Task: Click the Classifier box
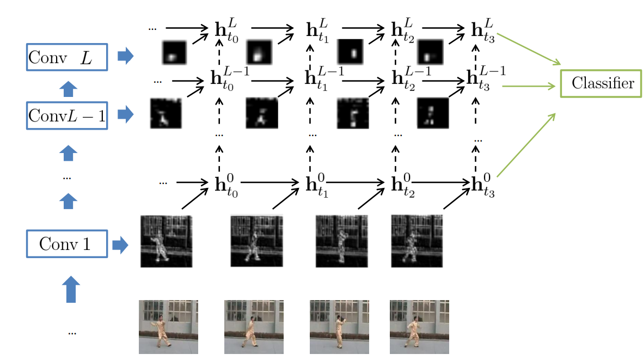[x=601, y=84]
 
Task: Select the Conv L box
[x=67, y=57]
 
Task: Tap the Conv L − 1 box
[x=67, y=115]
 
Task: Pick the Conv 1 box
[x=67, y=244]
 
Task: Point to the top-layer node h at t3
[x=483, y=30]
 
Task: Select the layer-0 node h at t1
[x=317, y=185]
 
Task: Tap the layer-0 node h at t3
[x=483, y=185]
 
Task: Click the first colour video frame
[x=168, y=327]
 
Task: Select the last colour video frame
[x=419, y=327]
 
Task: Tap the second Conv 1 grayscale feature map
[x=256, y=241]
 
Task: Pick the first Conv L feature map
[x=174, y=52]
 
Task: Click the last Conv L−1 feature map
[x=433, y=113]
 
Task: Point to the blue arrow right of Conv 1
[x=120, y=245]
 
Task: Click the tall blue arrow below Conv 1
[x=71, y=289]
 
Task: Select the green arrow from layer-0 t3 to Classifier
[x=526, y=145]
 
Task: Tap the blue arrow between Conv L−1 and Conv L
[x=68, y=89]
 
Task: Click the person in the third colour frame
[x=340, y=331]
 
